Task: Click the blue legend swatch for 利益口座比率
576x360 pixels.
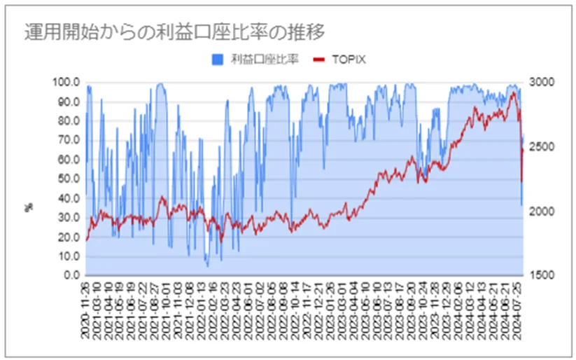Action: click(218, 60)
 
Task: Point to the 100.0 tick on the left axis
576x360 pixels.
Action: click(67, 82)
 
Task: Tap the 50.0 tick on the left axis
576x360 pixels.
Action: click(69, 179)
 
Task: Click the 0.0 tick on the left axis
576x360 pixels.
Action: click(71, 275)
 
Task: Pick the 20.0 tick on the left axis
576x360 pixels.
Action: click(69, 237)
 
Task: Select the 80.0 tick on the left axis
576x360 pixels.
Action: click(69, 120)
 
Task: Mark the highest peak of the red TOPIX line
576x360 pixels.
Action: click(514, 92)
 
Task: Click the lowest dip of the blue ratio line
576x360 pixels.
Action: click(207, 266)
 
